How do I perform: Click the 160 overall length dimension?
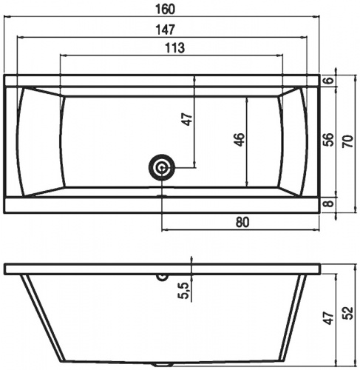tap(165, 9)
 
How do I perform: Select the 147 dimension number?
tap(165, 30)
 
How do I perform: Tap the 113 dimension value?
tap(174, 48)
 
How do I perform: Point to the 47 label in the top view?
tap(187, 119)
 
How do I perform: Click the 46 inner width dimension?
tap(240, 140)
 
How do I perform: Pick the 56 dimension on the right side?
tap(328, 140)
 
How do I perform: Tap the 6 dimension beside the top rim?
tap(330, 80)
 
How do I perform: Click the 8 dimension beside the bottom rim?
tap(330, 203)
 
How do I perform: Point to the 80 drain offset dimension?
tap(242, 222)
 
